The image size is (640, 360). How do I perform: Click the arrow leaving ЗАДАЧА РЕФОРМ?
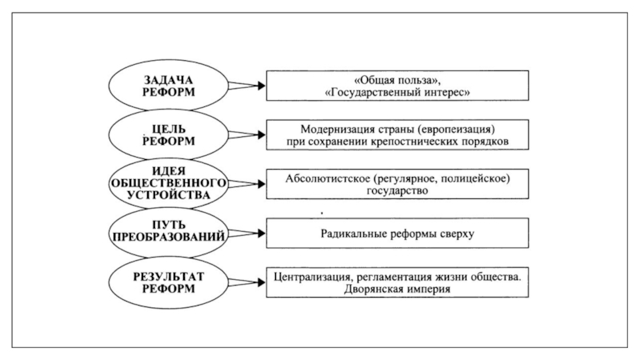click(x=247, y=86)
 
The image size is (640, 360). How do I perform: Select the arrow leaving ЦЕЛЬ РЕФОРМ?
click(x=247, y=134)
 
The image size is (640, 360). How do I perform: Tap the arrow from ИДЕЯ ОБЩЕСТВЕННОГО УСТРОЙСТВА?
click(x=247, y=184)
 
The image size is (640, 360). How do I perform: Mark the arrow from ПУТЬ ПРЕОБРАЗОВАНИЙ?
click(x=247, y=234)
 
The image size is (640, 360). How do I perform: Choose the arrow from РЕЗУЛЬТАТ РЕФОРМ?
click(x=247, y=282)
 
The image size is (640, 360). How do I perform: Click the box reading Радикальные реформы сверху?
click(x=397, y=233)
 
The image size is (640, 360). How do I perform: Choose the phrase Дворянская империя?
click(x=397, y=290)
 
